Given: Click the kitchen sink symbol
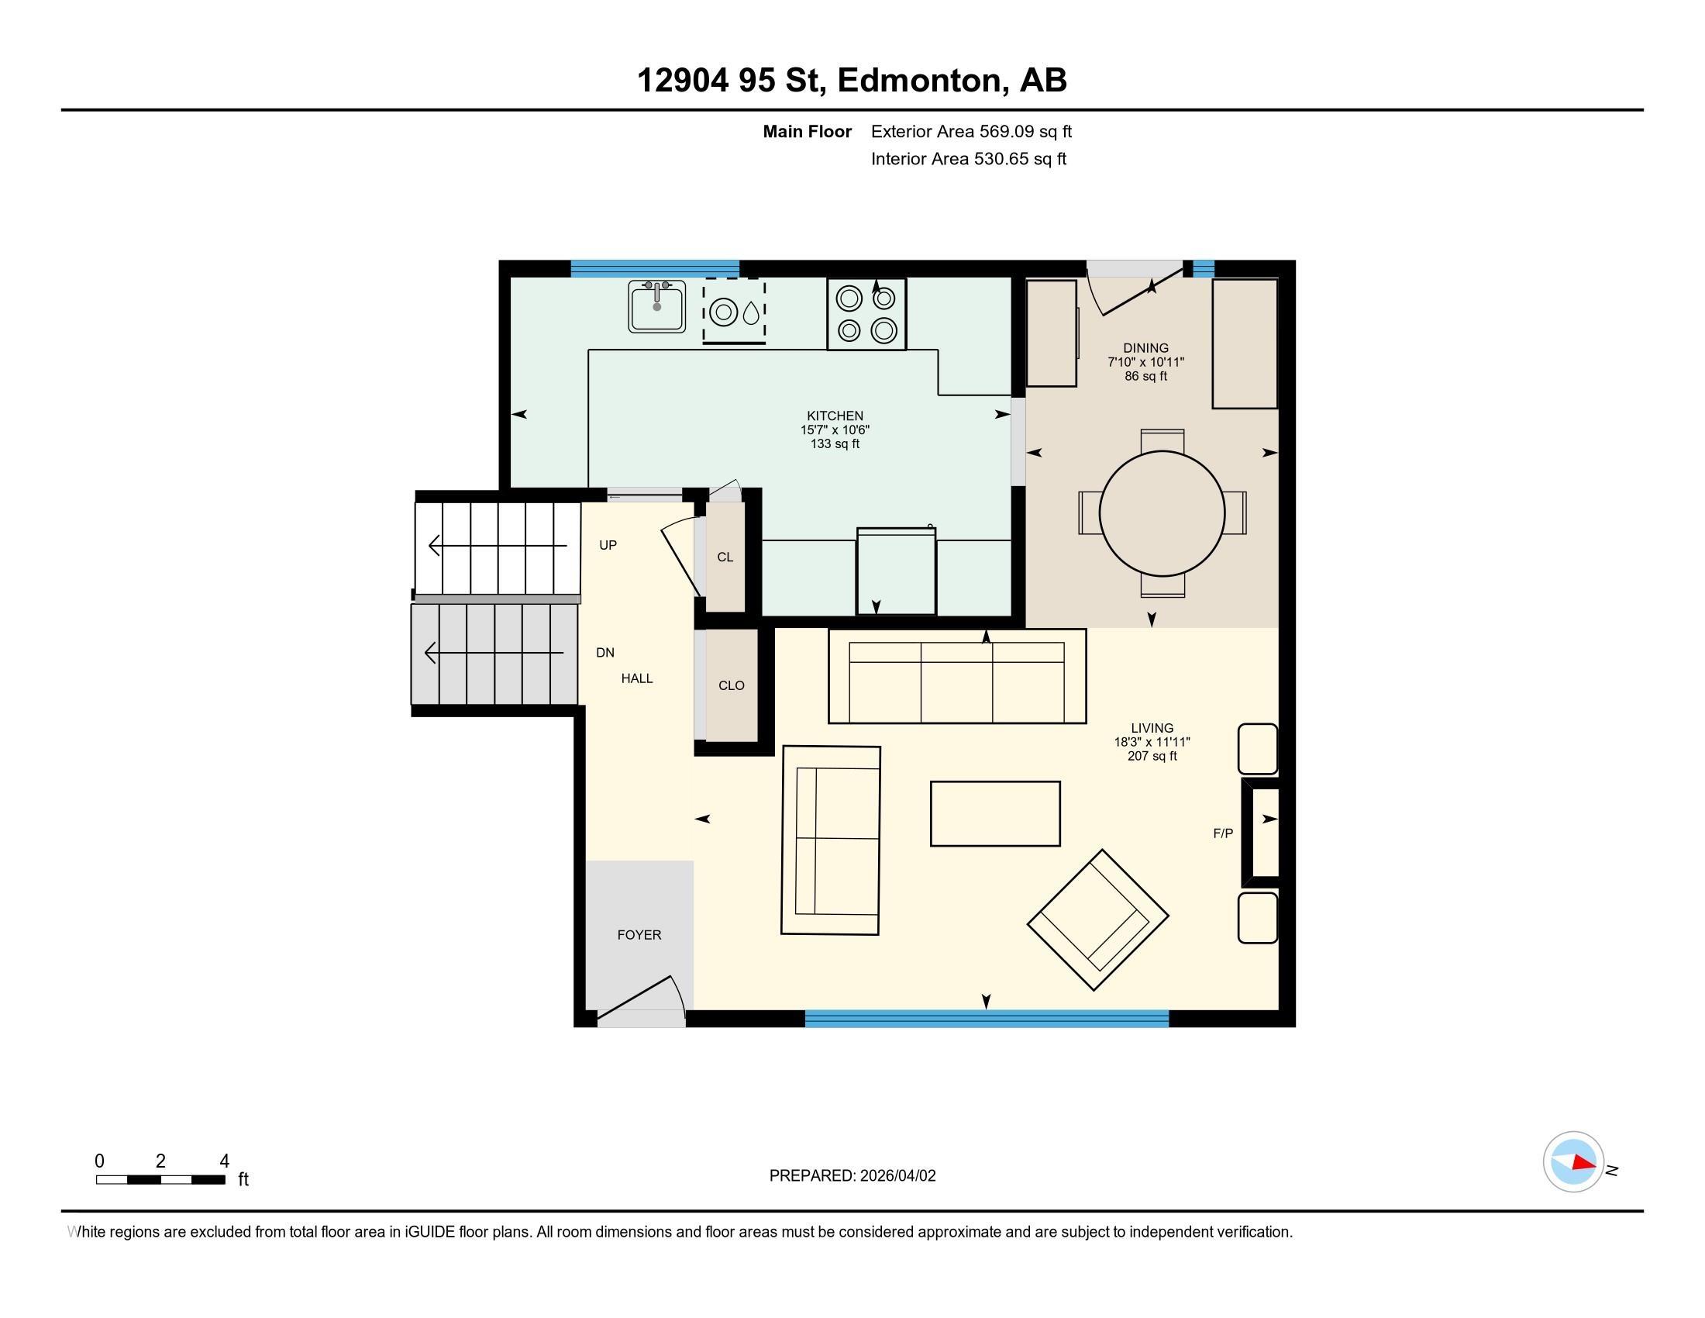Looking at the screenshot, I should [x=656, y=306].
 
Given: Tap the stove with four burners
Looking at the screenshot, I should [x=866, y=315].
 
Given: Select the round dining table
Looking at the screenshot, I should [x=1162, y=513].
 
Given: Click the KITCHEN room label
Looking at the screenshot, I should [x=835, y=416].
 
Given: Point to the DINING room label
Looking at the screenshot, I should [x=1145, y=348].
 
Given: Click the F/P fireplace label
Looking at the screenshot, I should [x=1222, y=834].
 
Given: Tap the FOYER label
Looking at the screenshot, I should [x=639, y=935].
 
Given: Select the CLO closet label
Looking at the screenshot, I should [x=731, y=685].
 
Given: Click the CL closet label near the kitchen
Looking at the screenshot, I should [x=725, y=557].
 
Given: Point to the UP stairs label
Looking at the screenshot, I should [x=608, y=545].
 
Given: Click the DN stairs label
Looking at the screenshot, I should [x=604, y=653].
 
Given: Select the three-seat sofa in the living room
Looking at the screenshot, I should [x=956, y=677].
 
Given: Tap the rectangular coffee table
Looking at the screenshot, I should [x=994, y=813].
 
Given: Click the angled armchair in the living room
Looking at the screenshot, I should [x=1097, y=919].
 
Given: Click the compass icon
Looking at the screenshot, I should [x=1573, y=1162].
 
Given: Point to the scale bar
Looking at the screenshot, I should [x=161, y=1179].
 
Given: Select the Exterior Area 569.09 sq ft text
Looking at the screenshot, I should [x=970, y=132].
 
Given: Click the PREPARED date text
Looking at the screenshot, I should [x=852, y=1176].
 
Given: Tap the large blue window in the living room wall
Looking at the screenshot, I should [x=986, y=1018].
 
